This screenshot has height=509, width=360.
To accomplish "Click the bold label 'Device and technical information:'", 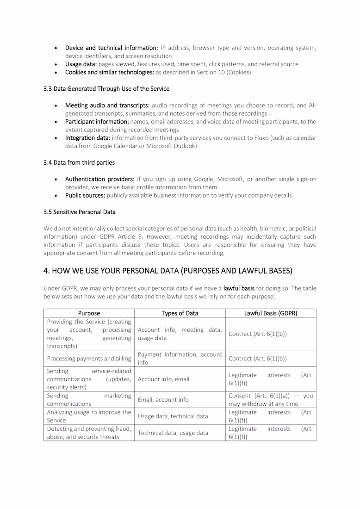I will pyautogui.click(x=112, y=48).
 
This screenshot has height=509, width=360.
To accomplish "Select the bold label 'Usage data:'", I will pyautogui.click(x=81, y=64).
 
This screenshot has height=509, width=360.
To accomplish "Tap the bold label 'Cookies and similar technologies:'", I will pyautogui.click(x=110, y=73).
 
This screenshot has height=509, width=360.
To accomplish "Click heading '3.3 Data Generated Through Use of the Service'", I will pyautogui.click(x=106, y=89).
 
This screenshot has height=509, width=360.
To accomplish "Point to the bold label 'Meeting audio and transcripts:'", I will pyautogui.click(x=107, y=105).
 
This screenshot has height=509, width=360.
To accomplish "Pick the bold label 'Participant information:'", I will pyautogui.click(x=97, y=122).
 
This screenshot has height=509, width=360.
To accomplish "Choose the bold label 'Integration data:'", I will pyautogui.click(x=87, y=138).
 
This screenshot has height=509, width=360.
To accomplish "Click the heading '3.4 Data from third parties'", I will pyautogui.click(x=79, y=162).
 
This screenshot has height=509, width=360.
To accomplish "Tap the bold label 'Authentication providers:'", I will pyautogui.click(x=100, y=179).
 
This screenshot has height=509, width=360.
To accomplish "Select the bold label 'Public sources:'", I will pyautogui.click(x=85, y=195).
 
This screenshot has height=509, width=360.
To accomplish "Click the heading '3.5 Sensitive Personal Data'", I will pyautogui.click(x=80, y=212).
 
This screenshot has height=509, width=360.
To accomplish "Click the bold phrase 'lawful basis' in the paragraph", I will pyautogui.click(x=239, y=288).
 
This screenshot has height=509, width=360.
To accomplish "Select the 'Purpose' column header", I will pyautogui.click(x=89, y=313).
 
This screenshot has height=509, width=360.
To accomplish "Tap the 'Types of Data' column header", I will pyautogui.click(x=180, y=313).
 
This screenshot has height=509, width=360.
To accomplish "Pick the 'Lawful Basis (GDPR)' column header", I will pyautogui.click(x=271, y=313).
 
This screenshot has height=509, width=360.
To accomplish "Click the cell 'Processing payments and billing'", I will pyautogui.click(x=89, y=359).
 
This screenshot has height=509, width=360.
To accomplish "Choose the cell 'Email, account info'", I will pyautogui.click(x=163, y=400).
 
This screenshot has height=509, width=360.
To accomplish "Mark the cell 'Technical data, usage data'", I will pyautogui.click(x=173, y=433).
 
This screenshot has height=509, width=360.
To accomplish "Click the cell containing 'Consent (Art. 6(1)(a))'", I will pyautogui.click(x=271, y=400).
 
